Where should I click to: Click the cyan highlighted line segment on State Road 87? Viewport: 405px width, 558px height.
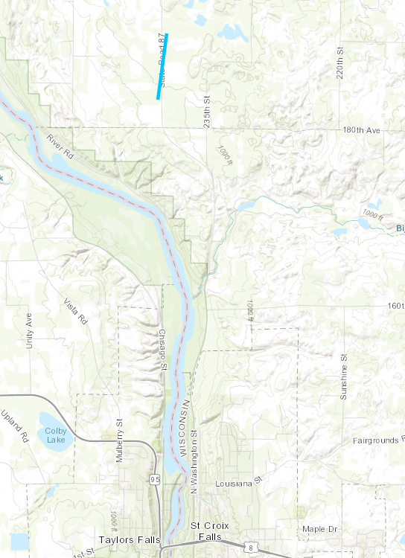162,66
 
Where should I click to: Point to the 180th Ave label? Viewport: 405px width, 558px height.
361,130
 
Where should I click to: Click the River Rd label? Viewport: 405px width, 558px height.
61,144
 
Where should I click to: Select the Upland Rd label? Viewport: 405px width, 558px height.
13,423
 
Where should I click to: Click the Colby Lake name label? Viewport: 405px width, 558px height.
55,435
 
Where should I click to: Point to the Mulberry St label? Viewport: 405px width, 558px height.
119,445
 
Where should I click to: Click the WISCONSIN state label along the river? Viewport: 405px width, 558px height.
183,432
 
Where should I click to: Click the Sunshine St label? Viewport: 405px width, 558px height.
344,376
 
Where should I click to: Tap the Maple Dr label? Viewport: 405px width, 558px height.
320,529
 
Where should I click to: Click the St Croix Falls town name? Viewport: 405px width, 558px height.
205,530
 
